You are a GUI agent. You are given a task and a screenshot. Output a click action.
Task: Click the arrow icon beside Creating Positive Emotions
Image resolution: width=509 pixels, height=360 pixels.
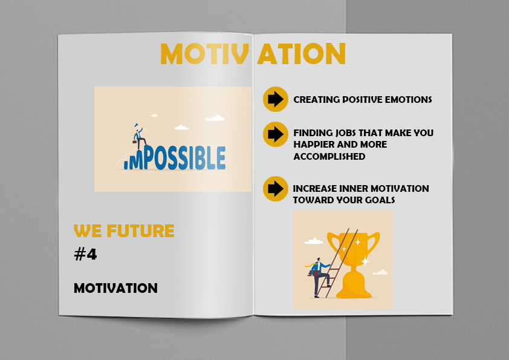pos(276,99)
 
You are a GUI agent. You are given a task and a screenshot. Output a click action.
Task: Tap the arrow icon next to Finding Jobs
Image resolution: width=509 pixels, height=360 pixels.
pos(276,134)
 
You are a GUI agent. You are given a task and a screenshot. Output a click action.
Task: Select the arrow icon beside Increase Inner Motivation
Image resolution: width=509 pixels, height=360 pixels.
pos(276,189)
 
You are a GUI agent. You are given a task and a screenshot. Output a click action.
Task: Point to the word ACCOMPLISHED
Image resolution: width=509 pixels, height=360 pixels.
pos(329,156)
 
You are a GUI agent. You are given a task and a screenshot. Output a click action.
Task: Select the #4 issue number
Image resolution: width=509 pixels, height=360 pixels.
pos(85,254)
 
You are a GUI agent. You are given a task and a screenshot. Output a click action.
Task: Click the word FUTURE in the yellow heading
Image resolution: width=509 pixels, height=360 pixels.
pos(141,231)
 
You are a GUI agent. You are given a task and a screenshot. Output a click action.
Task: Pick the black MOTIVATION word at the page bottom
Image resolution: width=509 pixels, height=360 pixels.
pos(115,288)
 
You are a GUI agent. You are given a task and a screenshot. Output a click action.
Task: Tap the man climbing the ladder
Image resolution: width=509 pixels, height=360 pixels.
pos(319,277)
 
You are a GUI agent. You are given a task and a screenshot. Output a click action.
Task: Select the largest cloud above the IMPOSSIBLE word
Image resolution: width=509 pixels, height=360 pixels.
pos(215,118)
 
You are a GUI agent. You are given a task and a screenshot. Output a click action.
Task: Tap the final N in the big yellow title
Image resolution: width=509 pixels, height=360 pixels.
pos(335,54)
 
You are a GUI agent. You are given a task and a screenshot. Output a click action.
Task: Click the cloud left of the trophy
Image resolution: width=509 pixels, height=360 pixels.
pos(314,241)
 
